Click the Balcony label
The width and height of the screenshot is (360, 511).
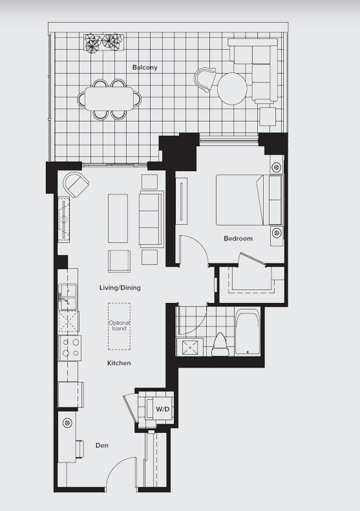coord(145,67)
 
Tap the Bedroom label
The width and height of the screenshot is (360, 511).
coord(238,238)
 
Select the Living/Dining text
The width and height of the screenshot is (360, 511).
coord(120,287)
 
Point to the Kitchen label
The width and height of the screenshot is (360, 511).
coord(119,363)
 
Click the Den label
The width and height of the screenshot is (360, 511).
coord(101,445)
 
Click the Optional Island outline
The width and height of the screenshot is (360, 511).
coord(120,326)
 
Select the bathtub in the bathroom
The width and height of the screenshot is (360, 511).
coord(248,333)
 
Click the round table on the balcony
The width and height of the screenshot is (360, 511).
coord(231,89)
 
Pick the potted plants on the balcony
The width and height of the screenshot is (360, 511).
coord(103,42)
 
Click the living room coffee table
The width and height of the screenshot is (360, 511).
coord(118,218)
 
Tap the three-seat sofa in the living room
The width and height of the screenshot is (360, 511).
coord(151,218)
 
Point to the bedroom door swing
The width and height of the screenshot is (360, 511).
coord(192,249)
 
